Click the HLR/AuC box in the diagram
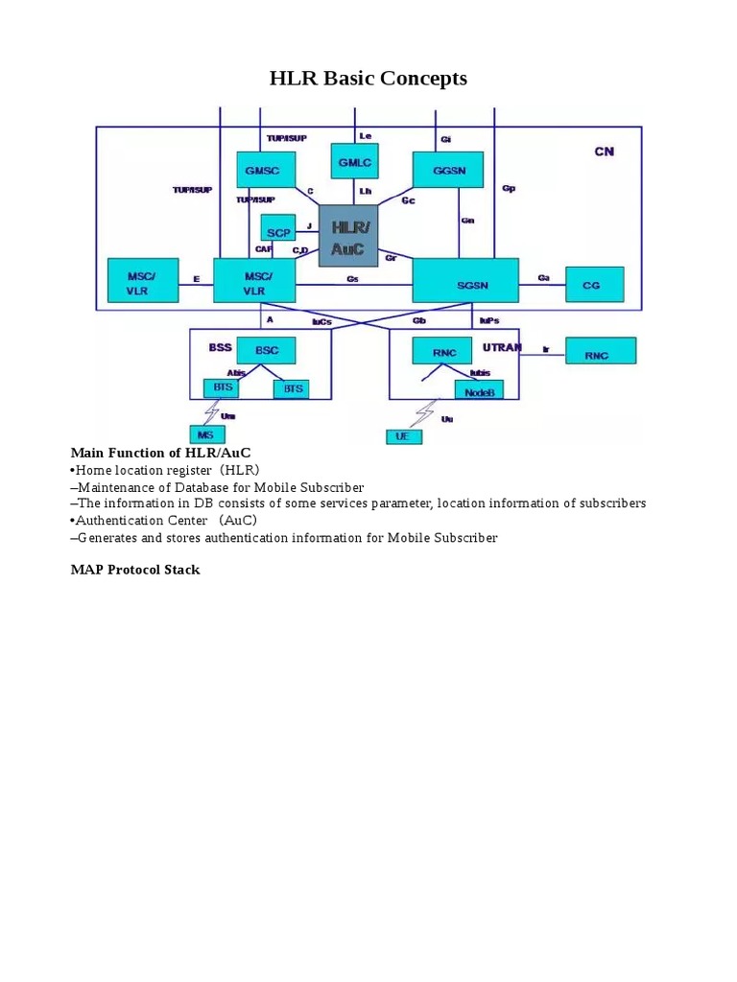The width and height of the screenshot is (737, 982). [x=348, y=236]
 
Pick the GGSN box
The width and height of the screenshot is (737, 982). [x=447, y=169]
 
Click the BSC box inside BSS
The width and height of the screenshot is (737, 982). [x=266, y=351]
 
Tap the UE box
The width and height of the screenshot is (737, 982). [x=403, y=436]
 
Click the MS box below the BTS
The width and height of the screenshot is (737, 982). [x=206, y=434]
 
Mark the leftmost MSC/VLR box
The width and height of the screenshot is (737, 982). [x=142, y=280]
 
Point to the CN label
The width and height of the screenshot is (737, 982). [x=604, y=152]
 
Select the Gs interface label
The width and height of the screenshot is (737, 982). [x=352, y=279]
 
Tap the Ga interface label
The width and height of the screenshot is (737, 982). [x=543, y=278]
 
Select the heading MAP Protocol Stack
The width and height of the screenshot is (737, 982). [x=135, y=570]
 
